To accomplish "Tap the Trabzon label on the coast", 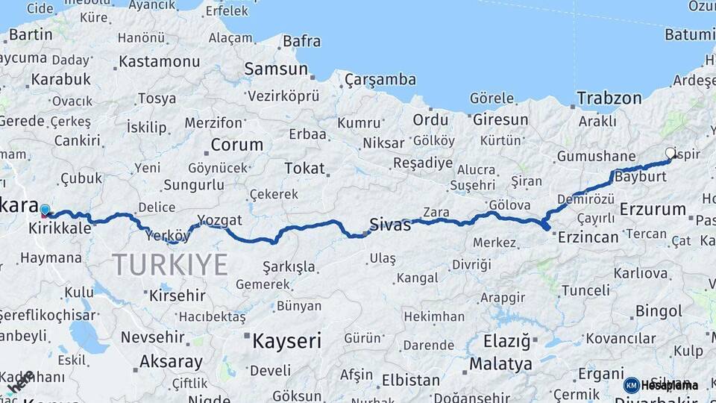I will click(x=609, y=98).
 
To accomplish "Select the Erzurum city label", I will click(x=652, y=209).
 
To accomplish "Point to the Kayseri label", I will click(x=286, y=341).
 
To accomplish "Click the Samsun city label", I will click(x=276, y=69).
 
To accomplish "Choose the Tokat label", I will click(x=305, y=168).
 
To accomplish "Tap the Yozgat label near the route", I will click(x=219, y=220).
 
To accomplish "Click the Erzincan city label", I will click(x=588, y=237).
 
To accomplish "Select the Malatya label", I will click(x=500, y=364).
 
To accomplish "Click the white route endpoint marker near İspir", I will click(x=670, y=153).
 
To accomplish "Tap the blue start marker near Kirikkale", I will click(x=45, y=210).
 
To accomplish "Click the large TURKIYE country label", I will click(x=170, y=264).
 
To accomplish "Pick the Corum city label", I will click(x=236, y=145).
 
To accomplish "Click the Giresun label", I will click(x=500, y=119).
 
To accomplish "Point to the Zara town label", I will click(x=436, y=212).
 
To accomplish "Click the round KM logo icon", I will click(x=631, y=385).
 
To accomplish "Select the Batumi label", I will click(x=690, y=34).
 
